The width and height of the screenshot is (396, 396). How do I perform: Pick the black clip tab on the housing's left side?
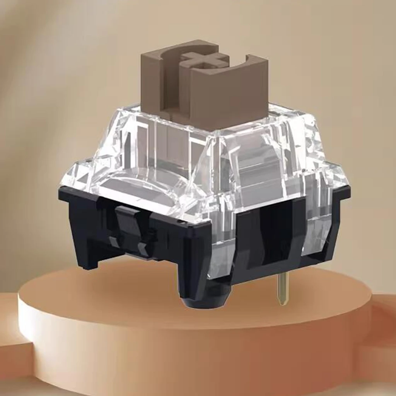(128, 228)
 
